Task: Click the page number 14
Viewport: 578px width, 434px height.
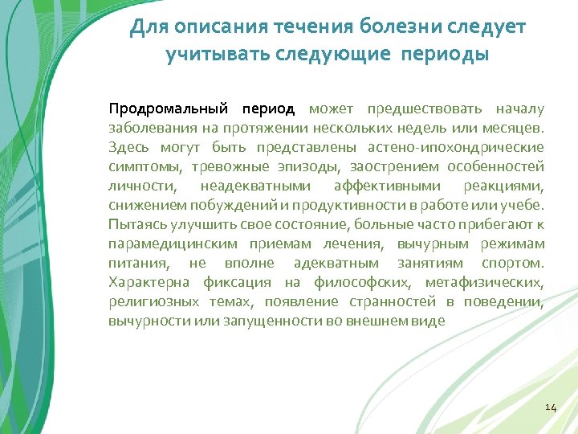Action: tap(550, 407)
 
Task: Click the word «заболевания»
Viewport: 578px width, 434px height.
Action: tap(148, 128)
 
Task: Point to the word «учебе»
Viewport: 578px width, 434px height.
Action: tap(523, 205)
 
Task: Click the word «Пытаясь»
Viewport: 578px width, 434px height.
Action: tap(134, 224)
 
